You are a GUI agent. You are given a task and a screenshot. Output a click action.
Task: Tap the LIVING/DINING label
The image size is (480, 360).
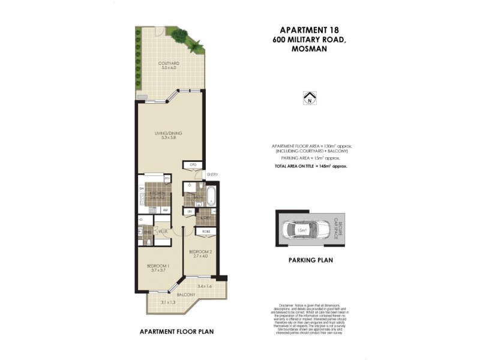(x=168, y=133)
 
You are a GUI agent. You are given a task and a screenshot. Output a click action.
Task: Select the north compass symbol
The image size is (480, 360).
(x=310, y=98)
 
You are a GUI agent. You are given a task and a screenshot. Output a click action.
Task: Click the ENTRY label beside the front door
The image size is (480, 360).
(x=212, y=175)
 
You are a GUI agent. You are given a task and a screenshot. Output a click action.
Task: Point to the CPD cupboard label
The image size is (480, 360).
(x=193, y=164)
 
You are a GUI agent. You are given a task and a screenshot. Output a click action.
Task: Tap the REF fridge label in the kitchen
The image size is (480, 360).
(x=166, y=210)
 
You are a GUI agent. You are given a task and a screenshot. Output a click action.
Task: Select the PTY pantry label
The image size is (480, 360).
(x=167, y=179)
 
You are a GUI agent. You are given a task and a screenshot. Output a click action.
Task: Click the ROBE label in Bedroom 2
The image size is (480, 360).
(x=205, y=231)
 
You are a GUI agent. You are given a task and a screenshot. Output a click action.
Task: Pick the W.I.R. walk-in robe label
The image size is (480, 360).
(x=162, y=232)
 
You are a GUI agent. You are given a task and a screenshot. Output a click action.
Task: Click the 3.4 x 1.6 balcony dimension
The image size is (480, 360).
(x=205, y=287)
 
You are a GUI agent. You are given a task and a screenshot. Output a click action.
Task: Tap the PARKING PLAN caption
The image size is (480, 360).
(x=310, y=260)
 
